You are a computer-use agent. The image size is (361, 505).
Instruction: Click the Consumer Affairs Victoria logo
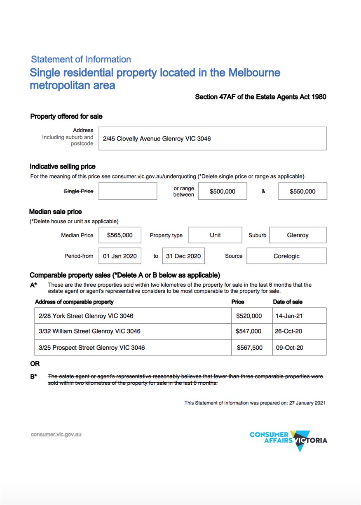288,440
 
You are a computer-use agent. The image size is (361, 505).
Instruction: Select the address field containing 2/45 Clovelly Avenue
212,139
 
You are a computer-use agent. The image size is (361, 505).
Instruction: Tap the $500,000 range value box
223,191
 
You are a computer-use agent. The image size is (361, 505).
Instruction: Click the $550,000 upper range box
302,191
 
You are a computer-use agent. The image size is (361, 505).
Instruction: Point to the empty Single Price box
128,191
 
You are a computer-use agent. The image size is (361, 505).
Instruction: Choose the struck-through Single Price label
78,191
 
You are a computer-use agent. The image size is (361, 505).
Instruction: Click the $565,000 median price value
120,235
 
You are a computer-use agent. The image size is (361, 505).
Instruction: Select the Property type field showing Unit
215,235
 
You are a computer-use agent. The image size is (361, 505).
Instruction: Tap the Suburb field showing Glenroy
298,235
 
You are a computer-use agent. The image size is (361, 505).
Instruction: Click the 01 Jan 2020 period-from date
120,256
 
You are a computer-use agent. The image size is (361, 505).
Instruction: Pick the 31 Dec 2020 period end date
183,256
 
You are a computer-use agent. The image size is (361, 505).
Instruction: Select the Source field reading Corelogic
286,256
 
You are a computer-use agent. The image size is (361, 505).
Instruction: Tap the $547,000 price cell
248,331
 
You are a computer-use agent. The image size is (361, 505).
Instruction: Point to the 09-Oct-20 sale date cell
289,348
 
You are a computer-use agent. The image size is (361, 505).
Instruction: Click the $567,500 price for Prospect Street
249,348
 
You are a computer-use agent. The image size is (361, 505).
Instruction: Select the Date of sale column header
288,302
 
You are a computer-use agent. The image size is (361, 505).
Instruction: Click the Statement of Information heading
81,59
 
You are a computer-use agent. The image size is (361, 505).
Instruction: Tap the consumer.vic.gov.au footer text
56,434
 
